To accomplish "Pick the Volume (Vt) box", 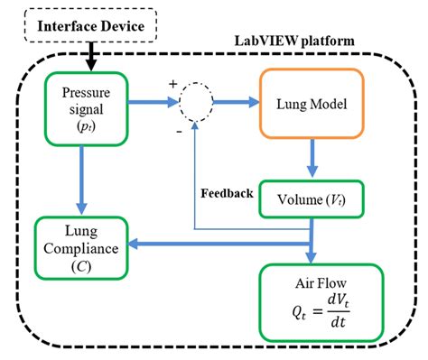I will [312, 200].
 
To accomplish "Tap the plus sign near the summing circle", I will [172, 85].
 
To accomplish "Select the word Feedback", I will [227, 192].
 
